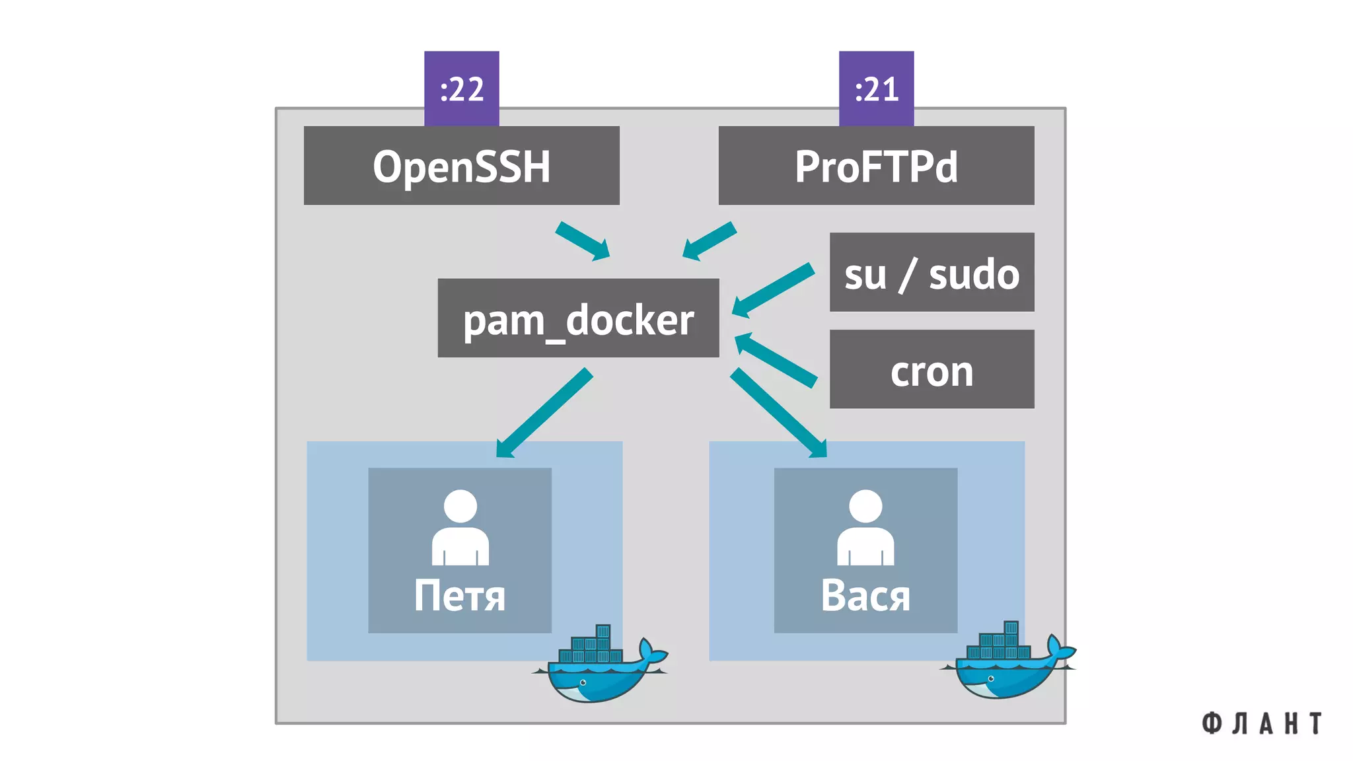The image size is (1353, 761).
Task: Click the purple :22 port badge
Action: [461, 88]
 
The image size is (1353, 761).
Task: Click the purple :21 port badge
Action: [876, 88]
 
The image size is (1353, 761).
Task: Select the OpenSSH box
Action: [461, 165]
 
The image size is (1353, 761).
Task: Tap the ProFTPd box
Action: [876, 165]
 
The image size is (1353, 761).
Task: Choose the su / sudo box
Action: [932, 272]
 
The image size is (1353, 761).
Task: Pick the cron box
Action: [932, 369]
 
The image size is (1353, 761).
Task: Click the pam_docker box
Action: [578, 318]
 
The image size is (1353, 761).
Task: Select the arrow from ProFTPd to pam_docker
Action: [710, 241]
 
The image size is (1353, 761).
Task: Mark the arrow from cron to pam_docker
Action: [776, 359]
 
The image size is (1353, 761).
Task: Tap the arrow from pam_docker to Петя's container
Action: [544, 414]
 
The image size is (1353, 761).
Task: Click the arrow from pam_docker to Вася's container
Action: [778, 414]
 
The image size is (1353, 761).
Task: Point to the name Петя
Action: [460, 596]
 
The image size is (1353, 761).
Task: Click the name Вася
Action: [865, 596]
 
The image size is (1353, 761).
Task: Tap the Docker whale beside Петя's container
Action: [598, 667]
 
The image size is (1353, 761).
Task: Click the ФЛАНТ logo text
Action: [1262, 723]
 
